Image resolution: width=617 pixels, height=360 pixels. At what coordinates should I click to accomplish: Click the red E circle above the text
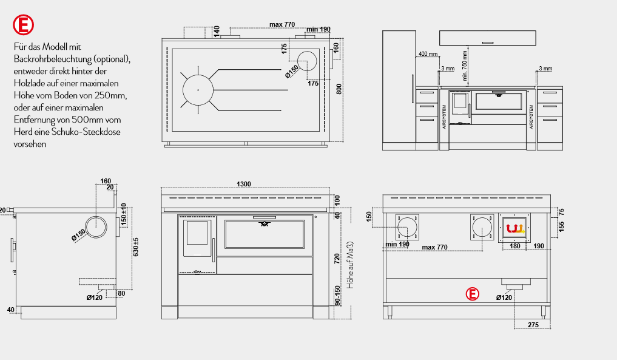coord(23,25)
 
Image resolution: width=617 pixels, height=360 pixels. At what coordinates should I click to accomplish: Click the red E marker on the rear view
coord(472,294)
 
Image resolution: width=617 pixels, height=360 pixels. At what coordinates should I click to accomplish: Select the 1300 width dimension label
coord(243,184)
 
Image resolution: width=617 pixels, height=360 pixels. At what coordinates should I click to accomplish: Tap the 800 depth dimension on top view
coord(339,89)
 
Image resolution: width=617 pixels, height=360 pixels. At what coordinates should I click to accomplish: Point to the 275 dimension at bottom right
coord(533,325)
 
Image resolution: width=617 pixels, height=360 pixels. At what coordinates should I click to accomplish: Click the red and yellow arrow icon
coord(514,228)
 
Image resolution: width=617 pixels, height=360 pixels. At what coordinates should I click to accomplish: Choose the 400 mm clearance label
coord(428,54)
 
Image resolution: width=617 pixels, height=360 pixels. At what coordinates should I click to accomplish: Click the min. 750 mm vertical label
coord(465,66)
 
